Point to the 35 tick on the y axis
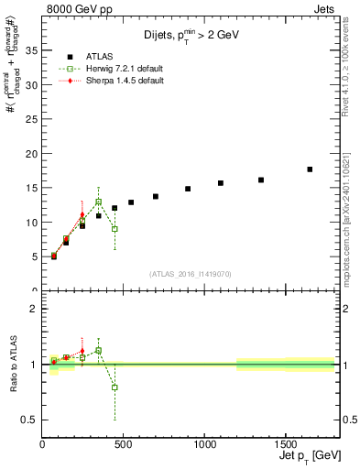33,50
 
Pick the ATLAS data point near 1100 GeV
221,183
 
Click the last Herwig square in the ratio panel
115,387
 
